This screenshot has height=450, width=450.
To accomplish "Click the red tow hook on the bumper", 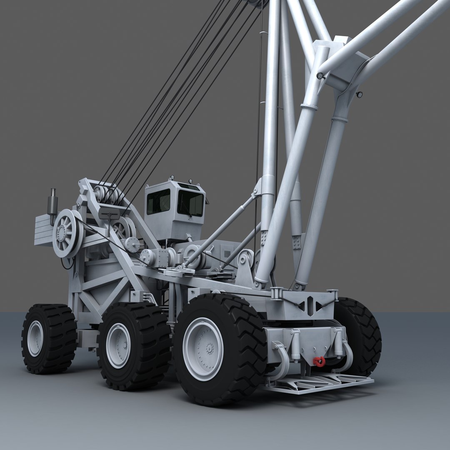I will coord(320,362).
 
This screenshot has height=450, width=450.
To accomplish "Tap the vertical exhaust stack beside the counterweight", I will coord(52,206).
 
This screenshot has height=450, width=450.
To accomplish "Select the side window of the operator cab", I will coord(158,202).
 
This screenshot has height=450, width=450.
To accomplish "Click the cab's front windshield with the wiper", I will coord(190,203).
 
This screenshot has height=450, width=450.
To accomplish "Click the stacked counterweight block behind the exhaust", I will coord(43,230).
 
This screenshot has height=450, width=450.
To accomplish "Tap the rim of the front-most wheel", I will coord(203,348).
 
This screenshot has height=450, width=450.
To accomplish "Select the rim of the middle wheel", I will coord(118,345).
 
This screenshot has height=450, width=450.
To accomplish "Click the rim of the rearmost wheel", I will coord(35,338).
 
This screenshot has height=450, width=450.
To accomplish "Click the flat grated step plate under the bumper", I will coord(317,383).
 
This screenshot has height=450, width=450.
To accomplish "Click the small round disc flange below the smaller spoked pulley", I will coord(132,244).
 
